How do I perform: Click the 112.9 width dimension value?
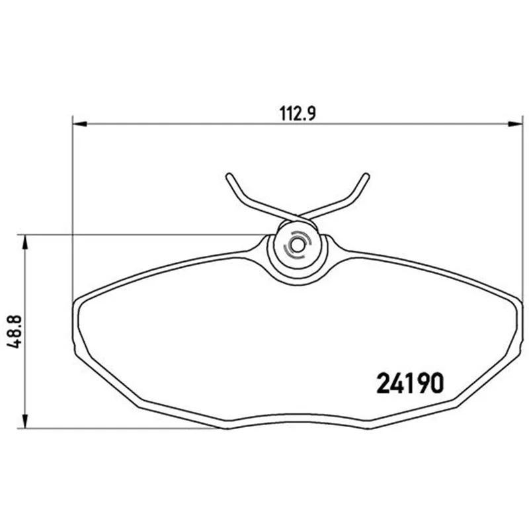(298, 113)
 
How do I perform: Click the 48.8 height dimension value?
(15, 332)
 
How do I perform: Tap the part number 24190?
(409, 384)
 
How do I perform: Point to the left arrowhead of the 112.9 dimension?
(80, 124)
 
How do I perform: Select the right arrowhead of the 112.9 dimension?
(515, 124)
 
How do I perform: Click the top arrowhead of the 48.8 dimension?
(24, 242)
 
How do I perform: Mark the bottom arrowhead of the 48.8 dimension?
(24, 421)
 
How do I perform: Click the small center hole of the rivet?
(297, 246)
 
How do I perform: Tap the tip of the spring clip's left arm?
(229, 175)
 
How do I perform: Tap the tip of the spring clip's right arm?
(366, 175)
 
